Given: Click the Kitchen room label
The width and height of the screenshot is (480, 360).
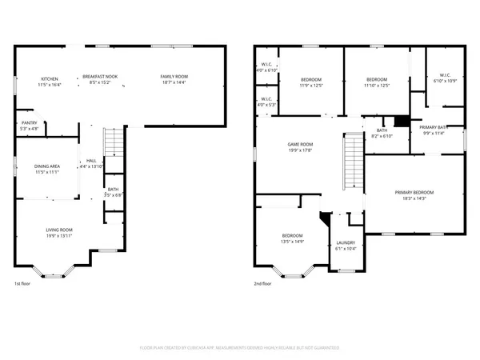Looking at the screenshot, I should tap(50, 80).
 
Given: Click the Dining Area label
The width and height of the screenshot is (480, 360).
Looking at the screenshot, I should tap(47, 169).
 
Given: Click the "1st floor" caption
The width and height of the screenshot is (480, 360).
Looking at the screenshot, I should tap(22, 284).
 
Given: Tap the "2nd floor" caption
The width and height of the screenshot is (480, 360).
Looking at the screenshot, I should tap(263, 284).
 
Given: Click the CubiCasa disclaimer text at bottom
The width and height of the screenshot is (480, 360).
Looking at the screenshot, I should tap(240, 348).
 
